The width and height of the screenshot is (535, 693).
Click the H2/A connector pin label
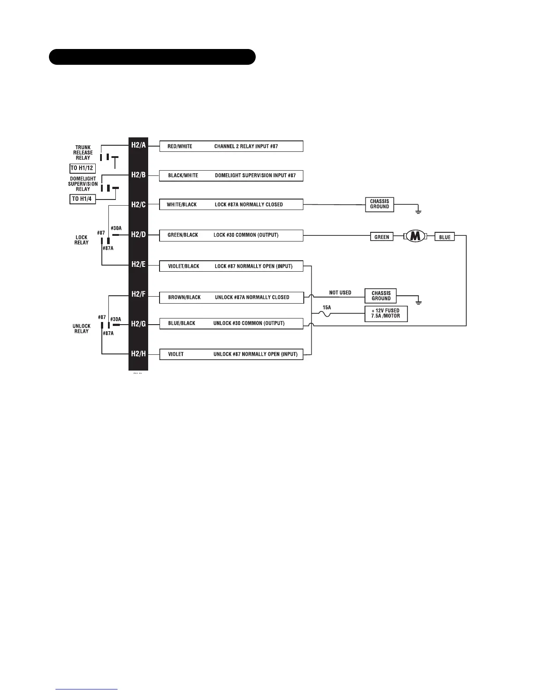click(x=139, y=145)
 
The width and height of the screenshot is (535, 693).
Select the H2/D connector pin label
click(x=139, y=235)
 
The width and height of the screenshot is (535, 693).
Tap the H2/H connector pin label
click(x=139, y=353)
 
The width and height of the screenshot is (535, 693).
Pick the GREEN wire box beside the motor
click(x=382, y=237)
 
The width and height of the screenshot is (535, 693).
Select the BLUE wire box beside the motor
click(x=445, y=237)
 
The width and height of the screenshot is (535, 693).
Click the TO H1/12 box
click(x=82, y=168)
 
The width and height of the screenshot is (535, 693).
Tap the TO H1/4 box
click(x=82, y=199)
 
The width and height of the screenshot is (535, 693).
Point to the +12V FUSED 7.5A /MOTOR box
click(x=386, y=313)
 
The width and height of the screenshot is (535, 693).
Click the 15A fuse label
click(x=327, y=308)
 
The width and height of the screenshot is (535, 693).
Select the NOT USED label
click(x=340, y=293)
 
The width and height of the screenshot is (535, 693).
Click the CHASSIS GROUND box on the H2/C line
click(x=379, y=204)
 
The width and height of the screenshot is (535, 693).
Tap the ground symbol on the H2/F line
click(x=418, y=301)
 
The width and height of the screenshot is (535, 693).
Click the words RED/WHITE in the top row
click(x=180, y=147)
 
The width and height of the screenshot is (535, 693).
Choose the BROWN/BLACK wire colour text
click(x=184, y=297)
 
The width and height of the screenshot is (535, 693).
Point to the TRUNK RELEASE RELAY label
click(x=83, y=153)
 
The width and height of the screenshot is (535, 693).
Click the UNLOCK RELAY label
click(x=81, y=329)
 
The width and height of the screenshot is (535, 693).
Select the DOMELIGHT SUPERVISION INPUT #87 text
click(x=255, y=176)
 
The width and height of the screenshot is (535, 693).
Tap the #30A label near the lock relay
click(x=116, y=228)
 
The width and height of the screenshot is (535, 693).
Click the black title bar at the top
click(x=152, y=57)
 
